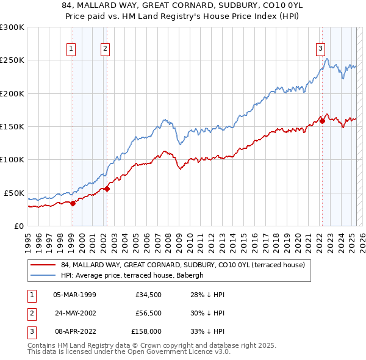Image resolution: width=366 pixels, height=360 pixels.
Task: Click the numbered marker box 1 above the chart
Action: click(72, 49)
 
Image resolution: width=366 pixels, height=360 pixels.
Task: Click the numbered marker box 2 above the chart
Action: click(106, 49)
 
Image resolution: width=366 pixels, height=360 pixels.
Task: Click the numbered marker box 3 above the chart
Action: click(320, 49)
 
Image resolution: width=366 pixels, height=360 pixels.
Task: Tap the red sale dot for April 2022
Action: click(322, 121)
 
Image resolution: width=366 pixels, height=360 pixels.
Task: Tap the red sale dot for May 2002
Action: click(107, 189)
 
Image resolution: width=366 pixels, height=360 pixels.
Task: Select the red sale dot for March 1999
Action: click(73, 203)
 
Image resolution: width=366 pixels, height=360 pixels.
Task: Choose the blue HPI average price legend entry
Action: click(135, 275)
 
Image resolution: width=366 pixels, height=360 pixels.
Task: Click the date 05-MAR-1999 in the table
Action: click(74, 295)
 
